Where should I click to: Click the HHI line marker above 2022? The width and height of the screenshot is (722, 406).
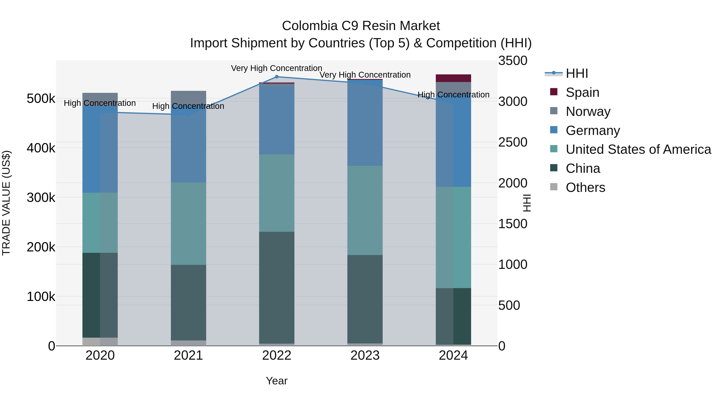pos(277,77)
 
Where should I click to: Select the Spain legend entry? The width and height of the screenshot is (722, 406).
pos(582,92)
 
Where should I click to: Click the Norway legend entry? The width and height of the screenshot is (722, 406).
pos(588,111)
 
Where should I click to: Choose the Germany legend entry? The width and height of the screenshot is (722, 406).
pos(592,131)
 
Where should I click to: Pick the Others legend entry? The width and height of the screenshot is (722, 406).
pos(585,187)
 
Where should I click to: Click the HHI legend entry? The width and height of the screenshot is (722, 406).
pos(577,73)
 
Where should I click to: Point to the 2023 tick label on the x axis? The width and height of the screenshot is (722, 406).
pos(365,355)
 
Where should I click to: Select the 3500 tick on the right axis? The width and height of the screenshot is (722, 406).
pos(513,61)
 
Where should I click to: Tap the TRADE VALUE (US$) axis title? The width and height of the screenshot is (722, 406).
pos(6,203)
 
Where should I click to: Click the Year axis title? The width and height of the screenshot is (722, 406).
pos(277,381)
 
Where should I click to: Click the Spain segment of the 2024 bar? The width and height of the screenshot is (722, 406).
pos(453,78)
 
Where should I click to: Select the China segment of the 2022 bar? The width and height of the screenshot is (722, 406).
pos(277,287)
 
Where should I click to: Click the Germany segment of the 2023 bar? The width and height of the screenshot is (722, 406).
pos(365,123)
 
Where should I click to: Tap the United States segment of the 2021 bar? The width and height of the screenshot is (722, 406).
pos(188,224)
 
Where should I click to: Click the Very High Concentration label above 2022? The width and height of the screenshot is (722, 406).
pos(277,68)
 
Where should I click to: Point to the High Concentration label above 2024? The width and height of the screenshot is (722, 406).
pos(453,95)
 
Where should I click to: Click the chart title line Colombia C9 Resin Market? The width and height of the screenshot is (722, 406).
pos(361,26)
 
